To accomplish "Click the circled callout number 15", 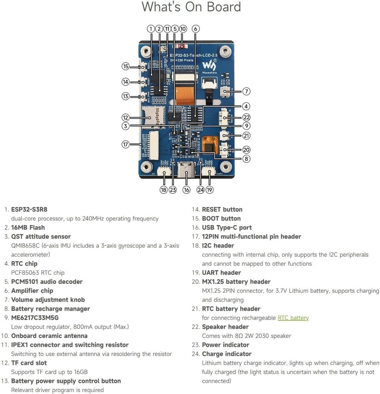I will [x=125, y=67].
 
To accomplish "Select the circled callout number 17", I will [x=125, y=145].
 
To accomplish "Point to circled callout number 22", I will [x=246, y=117].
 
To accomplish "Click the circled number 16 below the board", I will [x=186, y=190].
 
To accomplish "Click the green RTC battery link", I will [x=293, y=318].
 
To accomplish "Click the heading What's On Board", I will [x=191, y=7].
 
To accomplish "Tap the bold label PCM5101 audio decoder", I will [x=47, y=282].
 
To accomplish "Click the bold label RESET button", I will [x=222, y=210].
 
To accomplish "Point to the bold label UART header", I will [x=221, y=273].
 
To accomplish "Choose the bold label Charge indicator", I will [x=227, y=354].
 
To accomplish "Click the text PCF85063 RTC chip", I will [x=38, y=273].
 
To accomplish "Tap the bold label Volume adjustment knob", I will [x=48, y=300].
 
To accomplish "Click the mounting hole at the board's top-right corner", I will [x=225, y=51].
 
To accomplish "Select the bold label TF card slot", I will [x=29, y=363].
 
